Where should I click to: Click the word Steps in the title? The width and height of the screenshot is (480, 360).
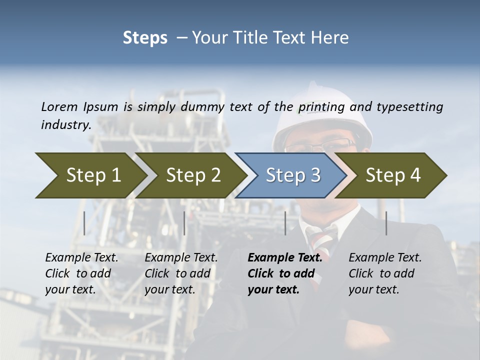click(145, 37)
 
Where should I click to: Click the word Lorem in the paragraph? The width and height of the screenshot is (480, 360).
click(59, 106)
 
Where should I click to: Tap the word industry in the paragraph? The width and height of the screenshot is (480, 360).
click(65, 124)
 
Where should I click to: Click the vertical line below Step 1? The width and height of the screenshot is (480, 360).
click(84, 223)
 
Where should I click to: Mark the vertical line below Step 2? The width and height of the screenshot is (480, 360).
click(184, 223)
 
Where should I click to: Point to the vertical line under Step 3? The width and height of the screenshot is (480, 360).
click(285, 223)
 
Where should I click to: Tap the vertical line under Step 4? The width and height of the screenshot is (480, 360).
click(386, 223)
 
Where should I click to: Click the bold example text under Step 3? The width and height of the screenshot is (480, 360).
click(284, 273)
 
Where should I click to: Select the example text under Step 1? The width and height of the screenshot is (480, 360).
click(81, 273)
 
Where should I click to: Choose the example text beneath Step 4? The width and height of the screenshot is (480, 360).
click(384, 273)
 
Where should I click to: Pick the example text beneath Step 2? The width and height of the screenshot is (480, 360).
click(181, 273)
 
